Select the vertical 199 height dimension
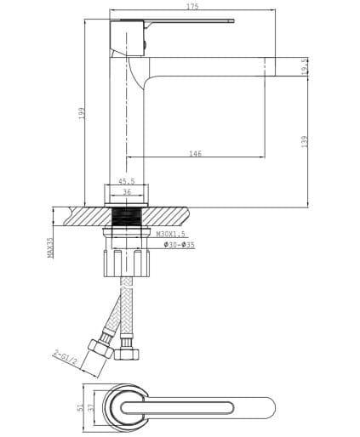click(x=83, y=113)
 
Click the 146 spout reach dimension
click(x=195, y=154)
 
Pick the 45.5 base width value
click(x=126, y=180)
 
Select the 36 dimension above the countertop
click(x=126, y=192)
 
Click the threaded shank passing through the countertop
click(x=126, y=217)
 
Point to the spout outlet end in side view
click(x=281, y=66)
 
